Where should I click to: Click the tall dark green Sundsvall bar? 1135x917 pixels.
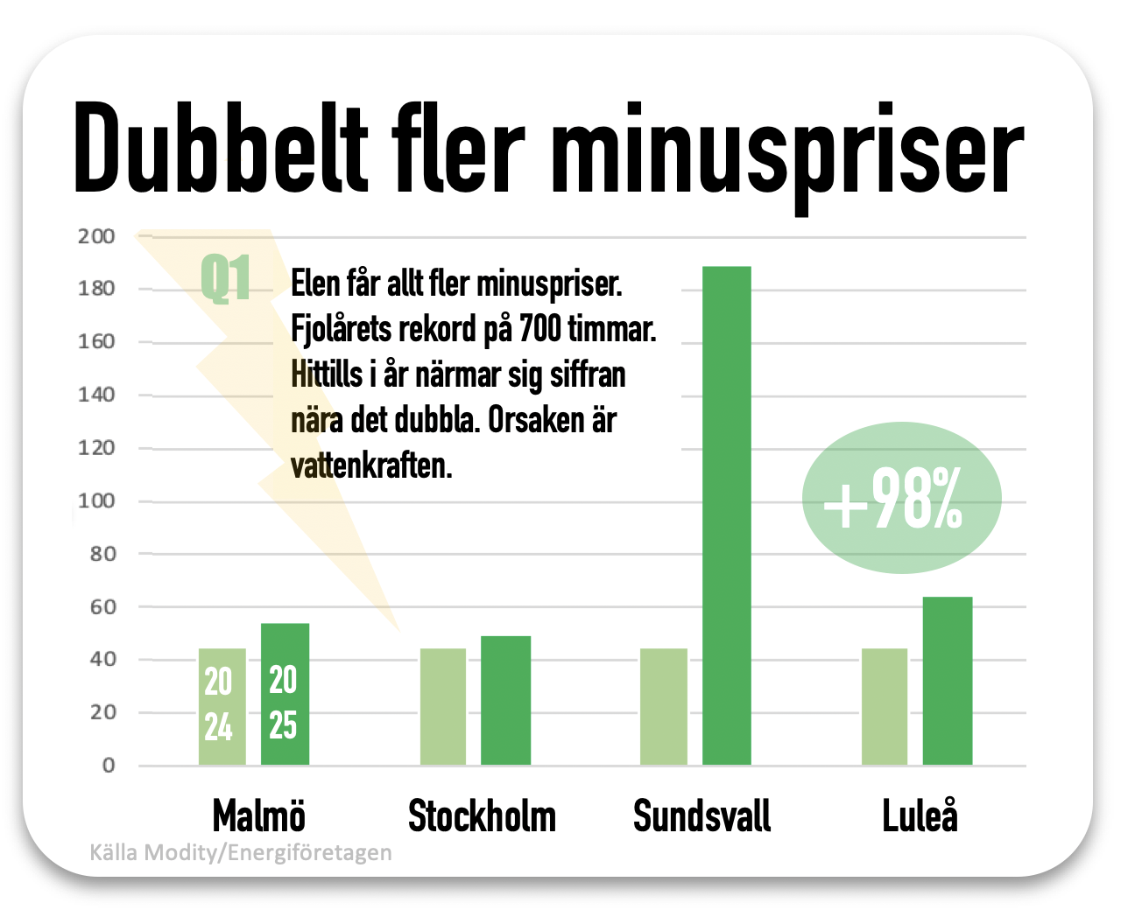[726, 516]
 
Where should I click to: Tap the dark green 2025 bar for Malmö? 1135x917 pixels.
[285, 695]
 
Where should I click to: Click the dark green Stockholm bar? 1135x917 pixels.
[505, 701]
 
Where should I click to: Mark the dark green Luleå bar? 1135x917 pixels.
[947, 682]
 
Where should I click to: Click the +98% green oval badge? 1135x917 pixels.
[900, 499]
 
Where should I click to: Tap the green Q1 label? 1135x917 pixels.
[225, 279]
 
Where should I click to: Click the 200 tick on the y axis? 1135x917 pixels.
[96, 236]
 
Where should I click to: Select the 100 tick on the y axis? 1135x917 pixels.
[96, 501]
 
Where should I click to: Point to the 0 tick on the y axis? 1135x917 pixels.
[108, 766]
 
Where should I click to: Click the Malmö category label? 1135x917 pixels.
[259, 816]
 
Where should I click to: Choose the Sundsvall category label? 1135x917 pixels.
[701, 816]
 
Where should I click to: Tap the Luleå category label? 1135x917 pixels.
[920, 816]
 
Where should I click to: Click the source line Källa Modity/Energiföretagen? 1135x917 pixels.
[241, 852]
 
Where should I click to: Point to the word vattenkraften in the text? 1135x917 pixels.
[371, 465]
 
